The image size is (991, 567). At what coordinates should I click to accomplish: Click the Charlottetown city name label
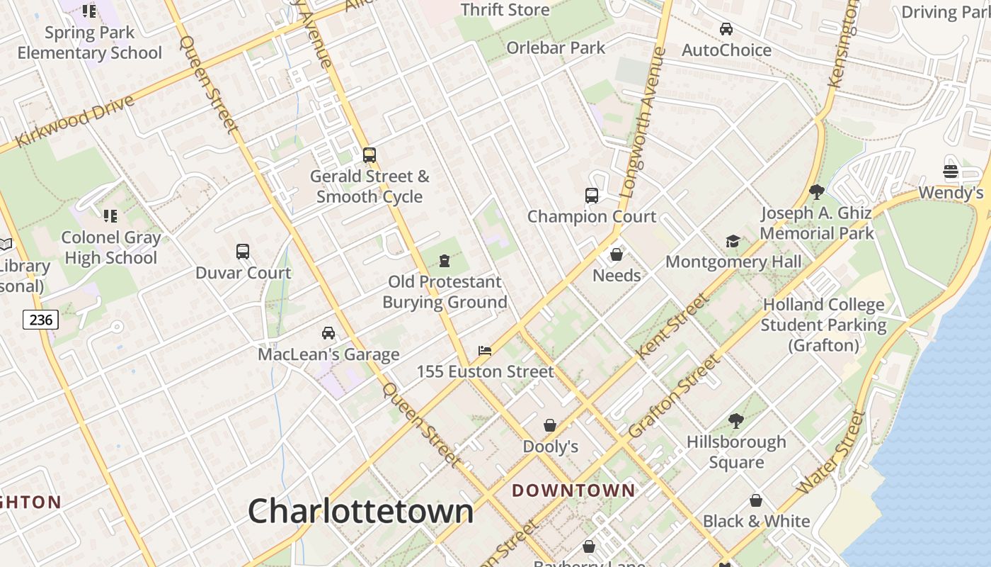360,511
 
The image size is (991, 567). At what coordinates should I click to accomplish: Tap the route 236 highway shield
40,320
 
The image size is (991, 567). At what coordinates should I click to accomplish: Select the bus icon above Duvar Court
243,252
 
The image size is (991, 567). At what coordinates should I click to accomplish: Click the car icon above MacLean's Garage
328,333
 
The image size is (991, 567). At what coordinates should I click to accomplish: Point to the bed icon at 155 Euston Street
485,351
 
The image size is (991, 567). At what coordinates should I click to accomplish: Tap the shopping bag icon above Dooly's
550,425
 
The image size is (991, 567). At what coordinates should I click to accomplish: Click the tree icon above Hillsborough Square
736,421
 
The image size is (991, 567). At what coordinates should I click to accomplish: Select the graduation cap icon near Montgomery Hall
733,242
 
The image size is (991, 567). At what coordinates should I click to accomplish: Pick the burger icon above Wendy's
951,172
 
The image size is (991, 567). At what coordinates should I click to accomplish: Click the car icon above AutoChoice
726,29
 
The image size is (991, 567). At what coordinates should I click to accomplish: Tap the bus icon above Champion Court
592,196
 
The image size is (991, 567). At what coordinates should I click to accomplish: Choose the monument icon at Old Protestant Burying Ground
445,261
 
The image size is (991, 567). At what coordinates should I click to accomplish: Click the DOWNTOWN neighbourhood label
573,490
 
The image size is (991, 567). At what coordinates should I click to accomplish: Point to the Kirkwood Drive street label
74,121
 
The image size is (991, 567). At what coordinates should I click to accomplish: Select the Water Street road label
831,453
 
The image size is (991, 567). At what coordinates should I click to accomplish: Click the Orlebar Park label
556,48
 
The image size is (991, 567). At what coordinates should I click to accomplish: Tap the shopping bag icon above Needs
617,254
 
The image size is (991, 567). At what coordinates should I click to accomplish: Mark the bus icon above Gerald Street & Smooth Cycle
369,155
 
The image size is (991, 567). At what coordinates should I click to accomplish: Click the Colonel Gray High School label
110,247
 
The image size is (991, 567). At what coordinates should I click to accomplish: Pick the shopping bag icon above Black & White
756,500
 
